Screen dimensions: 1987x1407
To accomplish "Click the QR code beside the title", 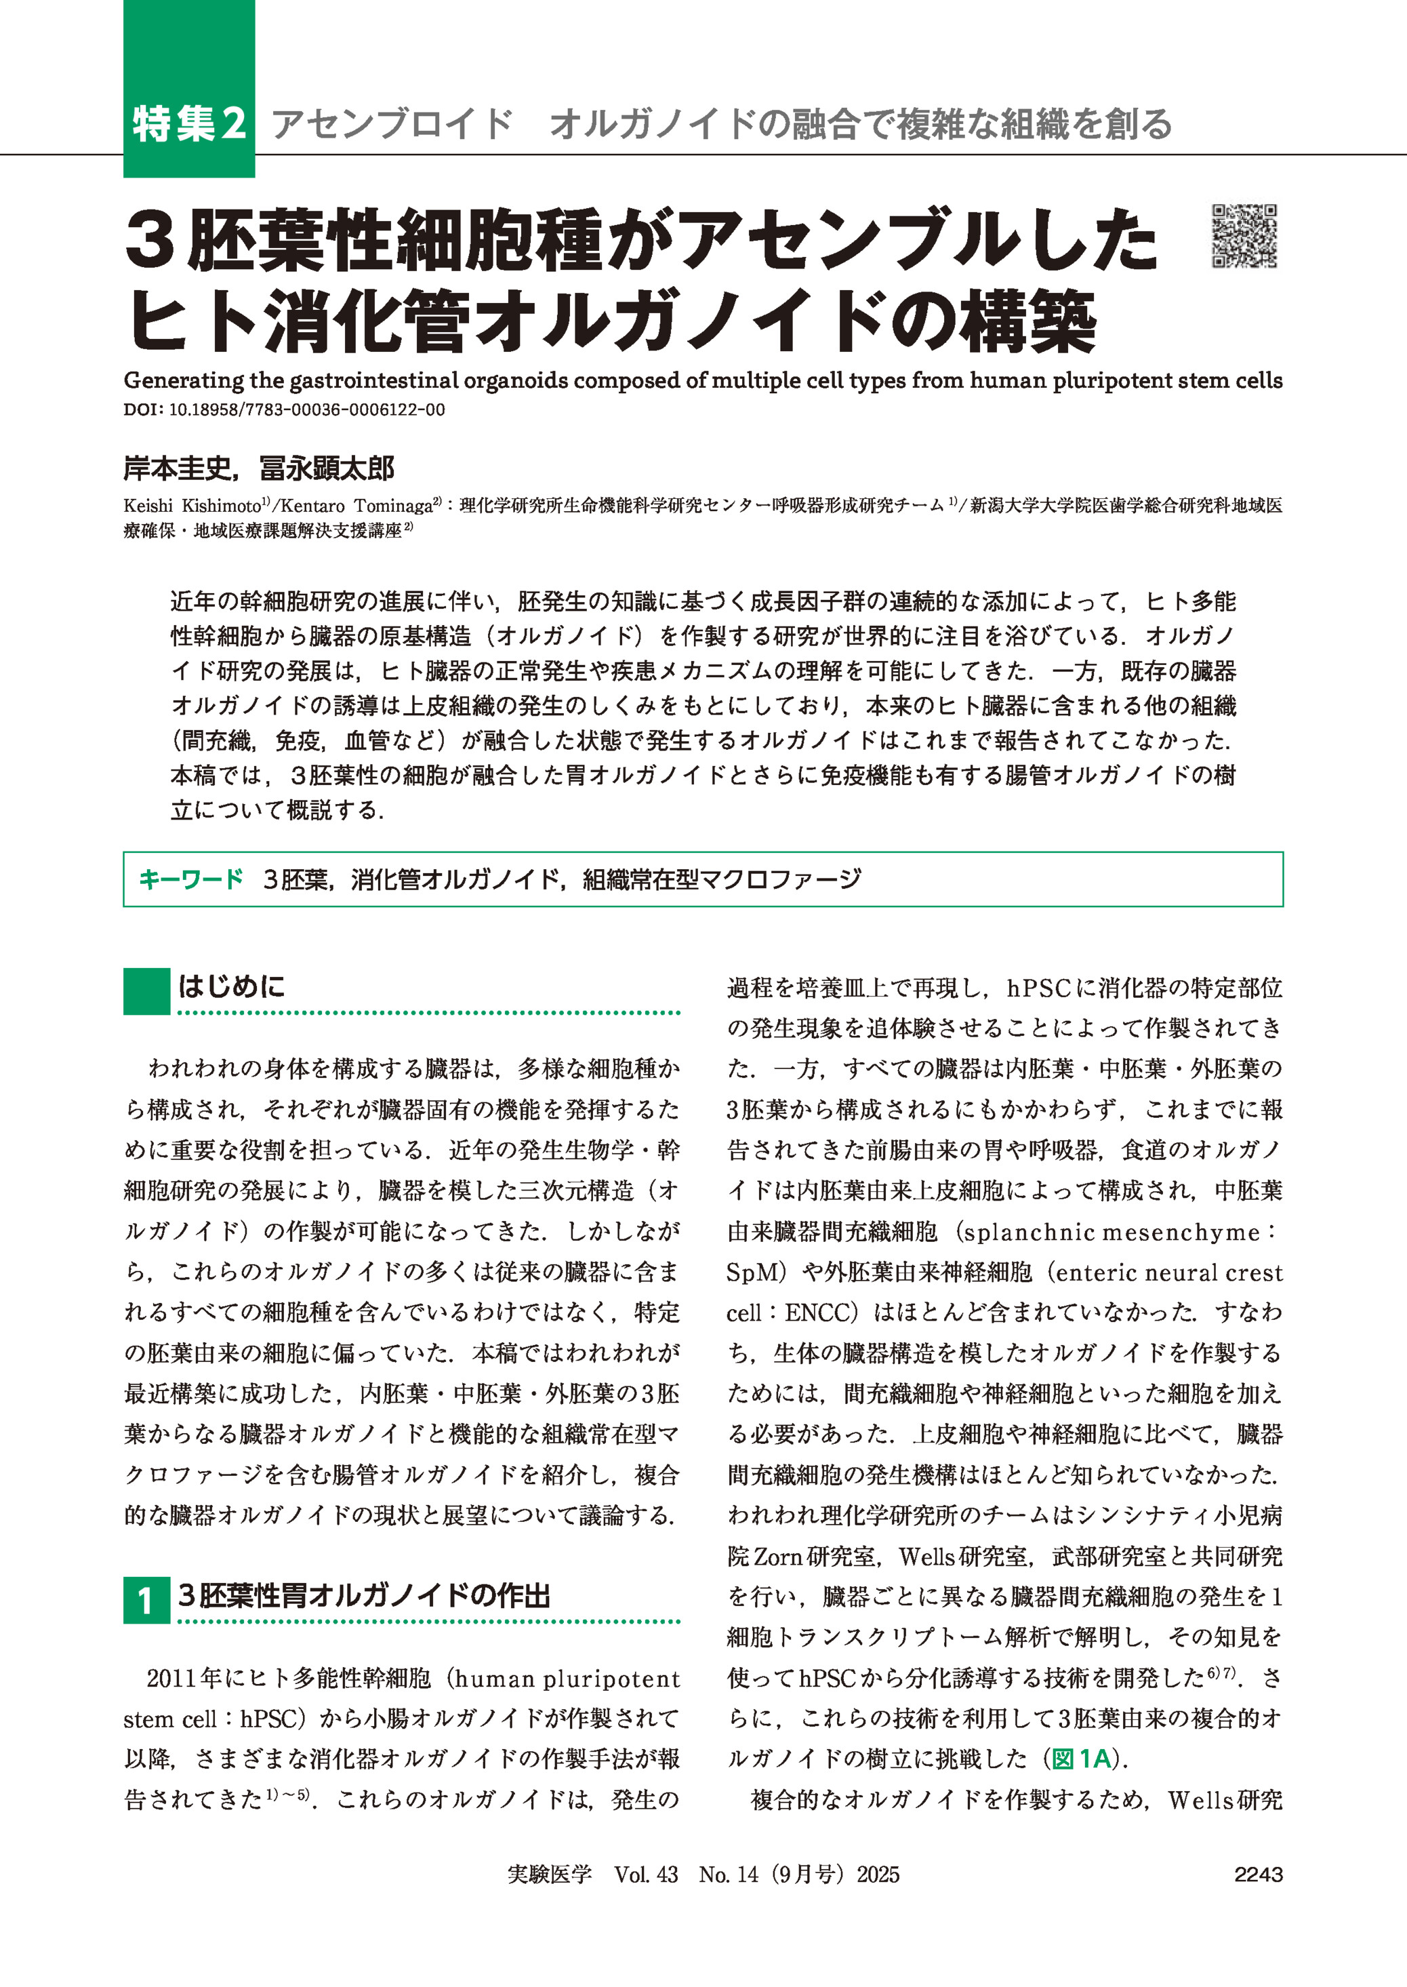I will point(1244,236).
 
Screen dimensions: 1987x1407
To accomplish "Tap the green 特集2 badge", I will point(189,123).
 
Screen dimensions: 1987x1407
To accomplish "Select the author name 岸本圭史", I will point(178,469).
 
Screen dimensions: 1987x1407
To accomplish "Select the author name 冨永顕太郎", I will point(327,469).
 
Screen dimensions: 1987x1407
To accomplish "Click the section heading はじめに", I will point(231,986).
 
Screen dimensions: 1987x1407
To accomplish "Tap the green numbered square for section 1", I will point(146,1601).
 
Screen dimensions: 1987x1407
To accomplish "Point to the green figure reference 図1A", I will point(1081,1759).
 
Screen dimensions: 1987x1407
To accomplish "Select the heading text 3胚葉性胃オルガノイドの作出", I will point(364,1597).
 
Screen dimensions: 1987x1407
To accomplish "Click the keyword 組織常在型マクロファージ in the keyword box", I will point(722,879).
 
